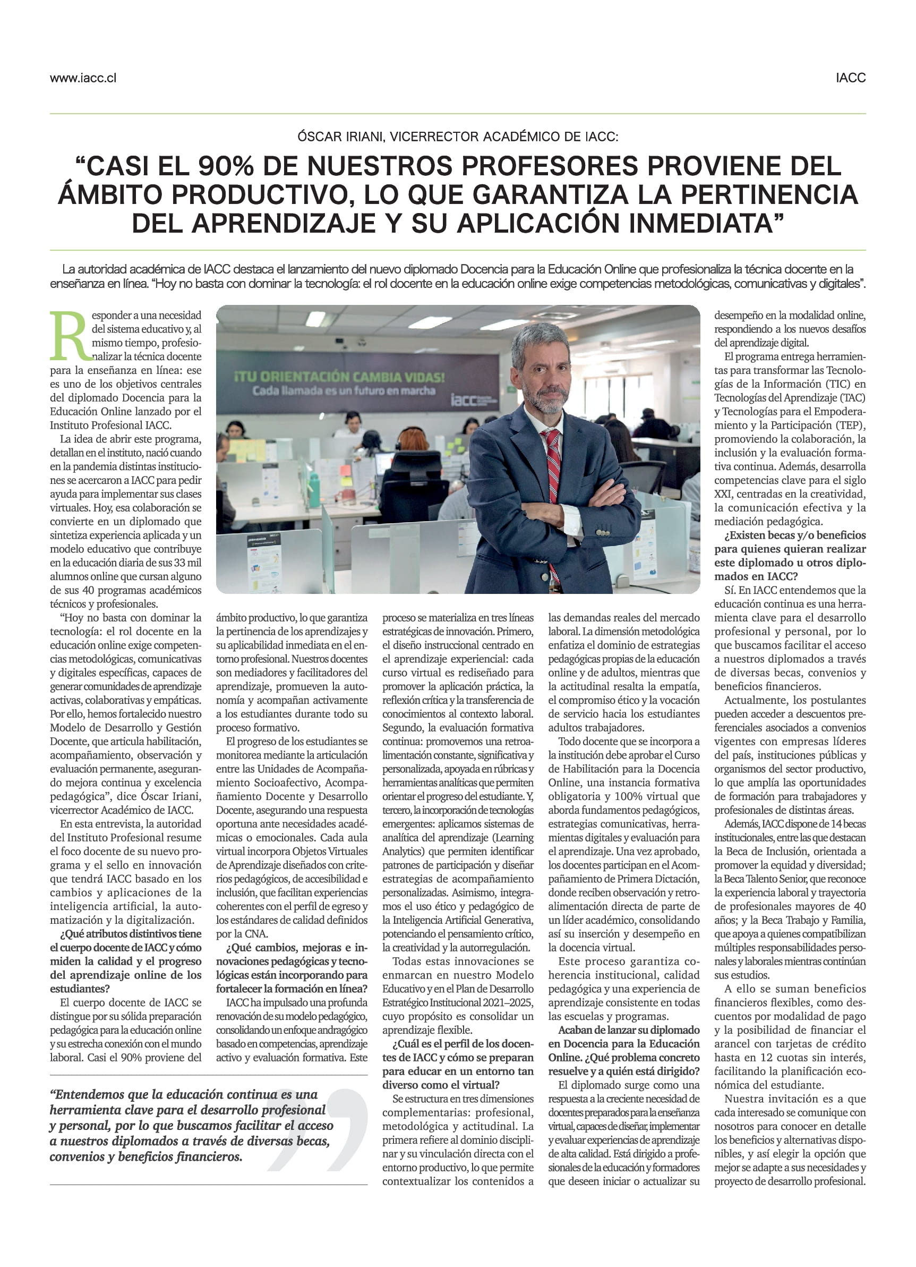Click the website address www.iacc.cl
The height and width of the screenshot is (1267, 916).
(x=83, y=78)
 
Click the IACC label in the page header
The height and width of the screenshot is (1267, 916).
(x=850, y=78)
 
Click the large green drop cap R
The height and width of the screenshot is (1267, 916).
(x=69, y=336)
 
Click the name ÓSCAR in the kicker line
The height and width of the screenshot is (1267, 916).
(x=319, y=137)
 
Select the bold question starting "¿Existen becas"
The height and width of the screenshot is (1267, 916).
(x=790, y=555)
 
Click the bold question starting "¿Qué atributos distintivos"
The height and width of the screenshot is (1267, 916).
(x=126, y=961)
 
